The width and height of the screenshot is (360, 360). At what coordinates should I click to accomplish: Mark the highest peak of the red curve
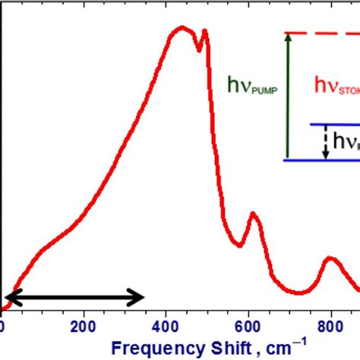click(181, 28)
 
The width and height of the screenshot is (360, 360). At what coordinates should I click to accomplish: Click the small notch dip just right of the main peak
click(200, 50)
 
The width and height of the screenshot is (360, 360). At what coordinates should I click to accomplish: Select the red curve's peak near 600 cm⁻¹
click(254, 214)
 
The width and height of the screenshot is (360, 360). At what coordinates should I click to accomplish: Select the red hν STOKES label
click(334, 87)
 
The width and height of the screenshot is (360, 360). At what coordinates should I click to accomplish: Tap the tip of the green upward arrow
click(287, 35)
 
